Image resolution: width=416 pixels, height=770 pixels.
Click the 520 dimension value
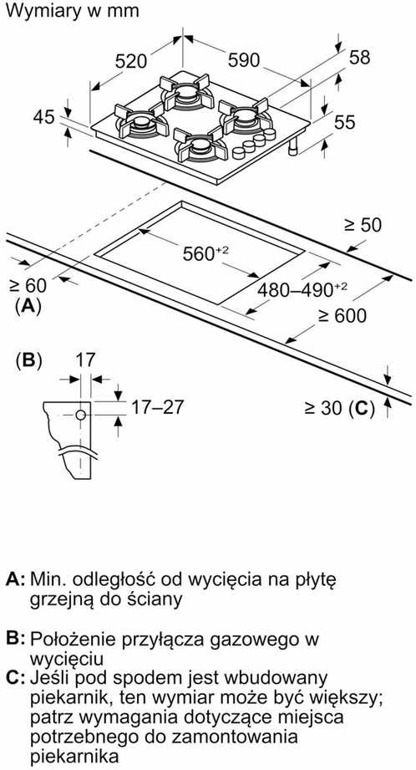[131, 61]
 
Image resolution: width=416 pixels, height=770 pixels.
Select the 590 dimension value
[244, 60]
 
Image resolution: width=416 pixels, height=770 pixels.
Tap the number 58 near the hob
[359, 57]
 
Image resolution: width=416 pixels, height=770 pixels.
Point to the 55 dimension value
[344, 122]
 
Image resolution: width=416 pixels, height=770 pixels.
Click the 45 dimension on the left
[43, 117]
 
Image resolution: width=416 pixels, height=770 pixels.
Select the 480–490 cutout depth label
[302, 290]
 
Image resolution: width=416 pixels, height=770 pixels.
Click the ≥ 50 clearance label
[363, 225]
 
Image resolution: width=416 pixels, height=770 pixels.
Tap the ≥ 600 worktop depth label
[342, 316]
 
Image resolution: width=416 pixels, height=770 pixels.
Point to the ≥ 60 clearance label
[28, 285]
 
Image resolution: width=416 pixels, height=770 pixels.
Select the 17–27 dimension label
[156, 406]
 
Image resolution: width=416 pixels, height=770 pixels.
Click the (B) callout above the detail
[28, 361]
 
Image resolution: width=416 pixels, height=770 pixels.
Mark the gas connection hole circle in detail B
[81, 415]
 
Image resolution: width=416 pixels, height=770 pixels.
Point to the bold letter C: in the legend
[16, 678]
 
